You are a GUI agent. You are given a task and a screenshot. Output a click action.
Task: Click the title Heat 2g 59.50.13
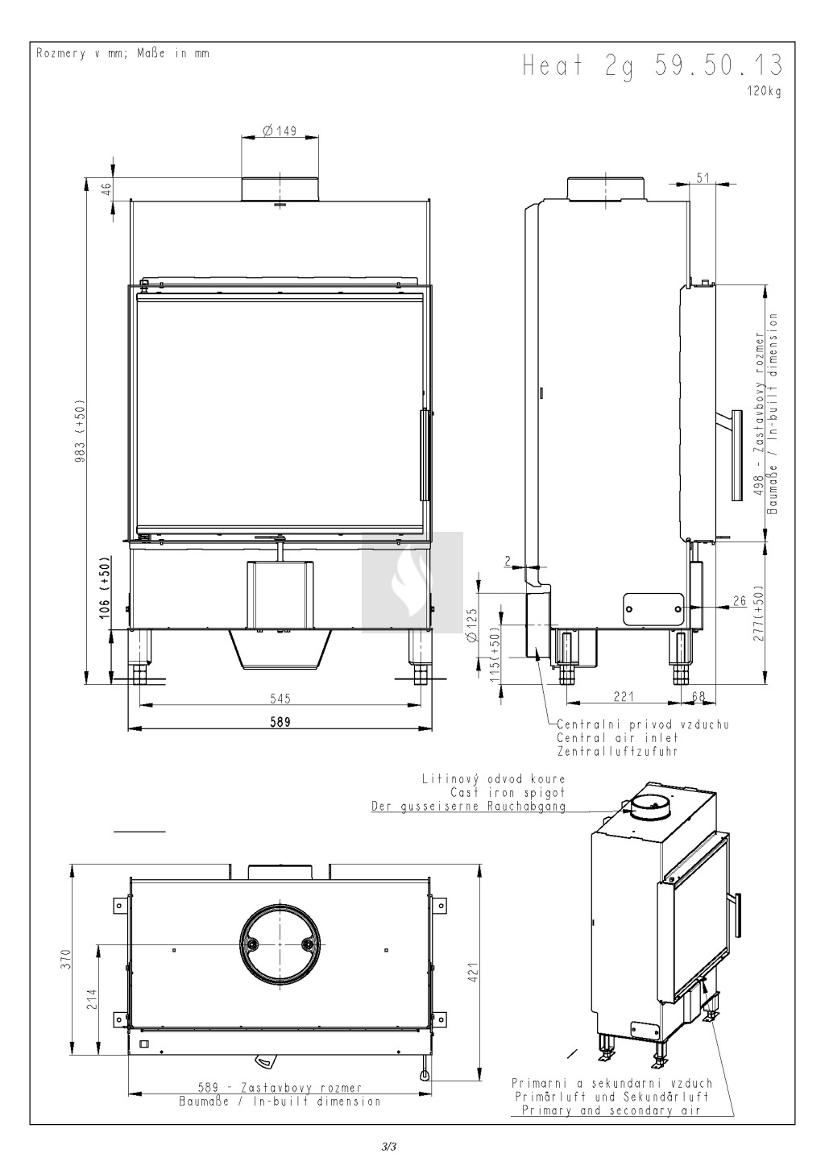[653, 66]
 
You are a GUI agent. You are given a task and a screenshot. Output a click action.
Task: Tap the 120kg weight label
[764, 92]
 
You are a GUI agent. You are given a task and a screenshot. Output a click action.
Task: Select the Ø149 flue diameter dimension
[280, 130]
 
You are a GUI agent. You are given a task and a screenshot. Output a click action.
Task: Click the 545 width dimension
[280, 698]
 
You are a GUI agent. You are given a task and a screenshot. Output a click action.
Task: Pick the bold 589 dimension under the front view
[280, 721]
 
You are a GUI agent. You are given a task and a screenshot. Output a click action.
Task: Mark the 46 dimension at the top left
[106, 189]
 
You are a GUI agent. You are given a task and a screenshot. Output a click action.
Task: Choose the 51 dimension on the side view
[703, 177]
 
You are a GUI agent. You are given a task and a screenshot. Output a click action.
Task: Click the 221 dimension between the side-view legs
[623, 696]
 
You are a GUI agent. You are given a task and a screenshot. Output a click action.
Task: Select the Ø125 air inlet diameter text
[471, 624]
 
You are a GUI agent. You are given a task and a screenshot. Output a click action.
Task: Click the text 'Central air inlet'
[617, 737]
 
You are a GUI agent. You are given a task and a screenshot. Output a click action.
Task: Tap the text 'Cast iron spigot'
[508, 793]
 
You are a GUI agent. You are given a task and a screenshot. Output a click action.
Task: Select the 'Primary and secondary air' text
[611, 1110]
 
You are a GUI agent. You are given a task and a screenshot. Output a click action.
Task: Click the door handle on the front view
[425, 454]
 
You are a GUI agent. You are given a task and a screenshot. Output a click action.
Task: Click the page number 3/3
[389, 1146]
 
